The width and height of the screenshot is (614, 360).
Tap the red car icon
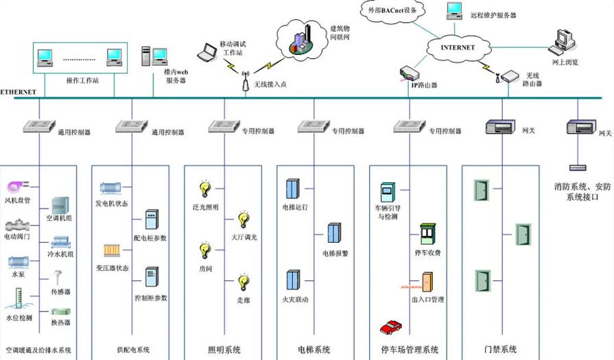390,327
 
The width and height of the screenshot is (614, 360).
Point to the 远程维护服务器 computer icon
454,10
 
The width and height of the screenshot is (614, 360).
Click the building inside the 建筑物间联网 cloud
303,38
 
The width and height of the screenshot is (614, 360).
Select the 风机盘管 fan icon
15,187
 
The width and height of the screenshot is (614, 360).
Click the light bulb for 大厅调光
243,219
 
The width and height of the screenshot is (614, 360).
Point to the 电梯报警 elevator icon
334,233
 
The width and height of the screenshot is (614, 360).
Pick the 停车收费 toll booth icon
427,234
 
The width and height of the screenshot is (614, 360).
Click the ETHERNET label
19,92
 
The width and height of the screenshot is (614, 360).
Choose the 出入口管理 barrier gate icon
426,283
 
